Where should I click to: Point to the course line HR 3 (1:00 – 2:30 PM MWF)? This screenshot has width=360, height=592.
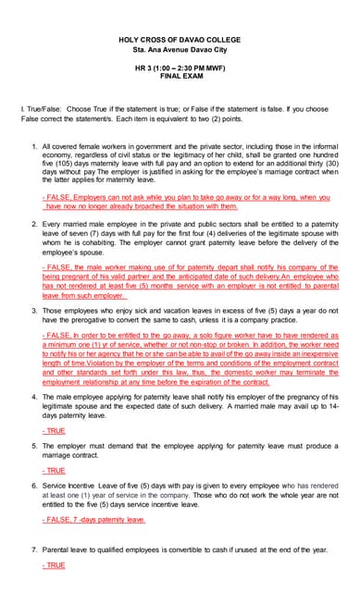point(180,66)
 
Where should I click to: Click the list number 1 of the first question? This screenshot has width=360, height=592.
point(33,146)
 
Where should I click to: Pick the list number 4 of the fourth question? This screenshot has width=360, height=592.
point(33,396)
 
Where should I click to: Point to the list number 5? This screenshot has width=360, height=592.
point(33,445)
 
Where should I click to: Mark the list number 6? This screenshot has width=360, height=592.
point(33,485)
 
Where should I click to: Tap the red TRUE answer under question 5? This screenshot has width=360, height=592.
point(54,471)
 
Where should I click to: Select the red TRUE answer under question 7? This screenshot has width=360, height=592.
point(54,564)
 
